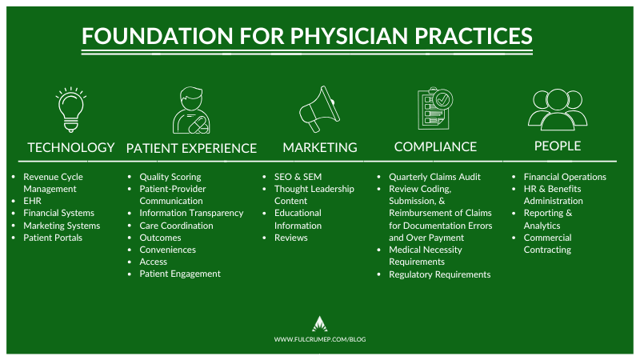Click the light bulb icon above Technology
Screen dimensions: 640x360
click(71, 110)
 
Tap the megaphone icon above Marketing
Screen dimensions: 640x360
click(319, 109)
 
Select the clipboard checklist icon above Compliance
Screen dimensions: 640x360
click(435, 109)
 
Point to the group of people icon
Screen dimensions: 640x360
click(558, 109)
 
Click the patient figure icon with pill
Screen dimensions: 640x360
click(191, 110)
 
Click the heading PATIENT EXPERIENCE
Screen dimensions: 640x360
click(191, 148)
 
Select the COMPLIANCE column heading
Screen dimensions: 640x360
click(435, 146)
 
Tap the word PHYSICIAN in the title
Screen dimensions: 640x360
click(349, 36)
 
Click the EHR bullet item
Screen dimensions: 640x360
click(32, 201)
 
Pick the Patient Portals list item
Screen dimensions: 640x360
click(53, 238)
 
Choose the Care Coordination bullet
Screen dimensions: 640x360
click(176, 226)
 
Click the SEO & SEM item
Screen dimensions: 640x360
click(298, 177)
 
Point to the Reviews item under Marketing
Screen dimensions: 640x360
click(291, 238)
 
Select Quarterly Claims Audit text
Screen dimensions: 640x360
click(434, 177)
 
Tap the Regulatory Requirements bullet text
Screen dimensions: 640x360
click(439, 274)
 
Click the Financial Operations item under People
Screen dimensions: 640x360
click(565, 177)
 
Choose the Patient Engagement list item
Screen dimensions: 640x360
click(180, 274)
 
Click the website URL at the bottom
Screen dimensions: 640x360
click(320, 339)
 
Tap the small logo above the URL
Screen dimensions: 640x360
click(319, 324)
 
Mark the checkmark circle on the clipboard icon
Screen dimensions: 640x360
click(442, 99)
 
